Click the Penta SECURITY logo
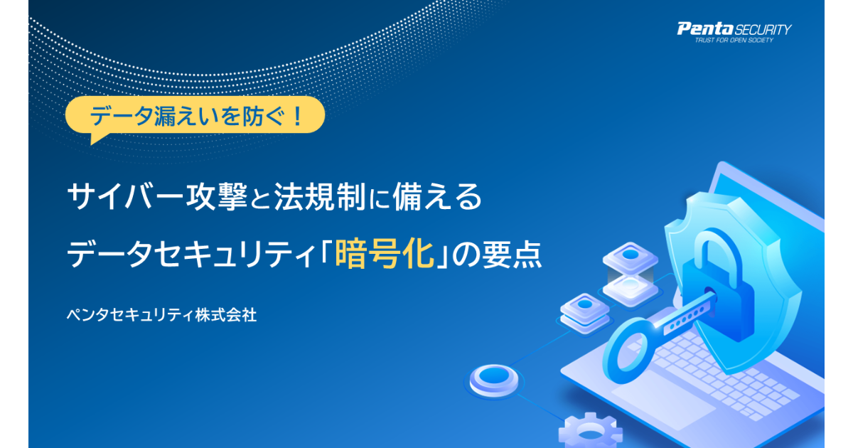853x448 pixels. coord(734,33)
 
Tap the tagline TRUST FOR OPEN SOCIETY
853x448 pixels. coord(734,40)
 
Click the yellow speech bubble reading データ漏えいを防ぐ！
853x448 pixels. coord(195,116)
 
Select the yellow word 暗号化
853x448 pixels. coord(385,254)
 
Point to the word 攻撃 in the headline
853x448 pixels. coord(216,196)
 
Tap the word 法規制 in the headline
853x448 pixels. coord(320,196)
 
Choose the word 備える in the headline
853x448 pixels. coord(437,196)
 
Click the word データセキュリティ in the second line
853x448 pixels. coord(191,255)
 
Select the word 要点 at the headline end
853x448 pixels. coord(512,254)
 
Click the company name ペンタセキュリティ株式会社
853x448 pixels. coord(162,315)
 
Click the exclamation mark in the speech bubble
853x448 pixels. coord(298,116)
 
